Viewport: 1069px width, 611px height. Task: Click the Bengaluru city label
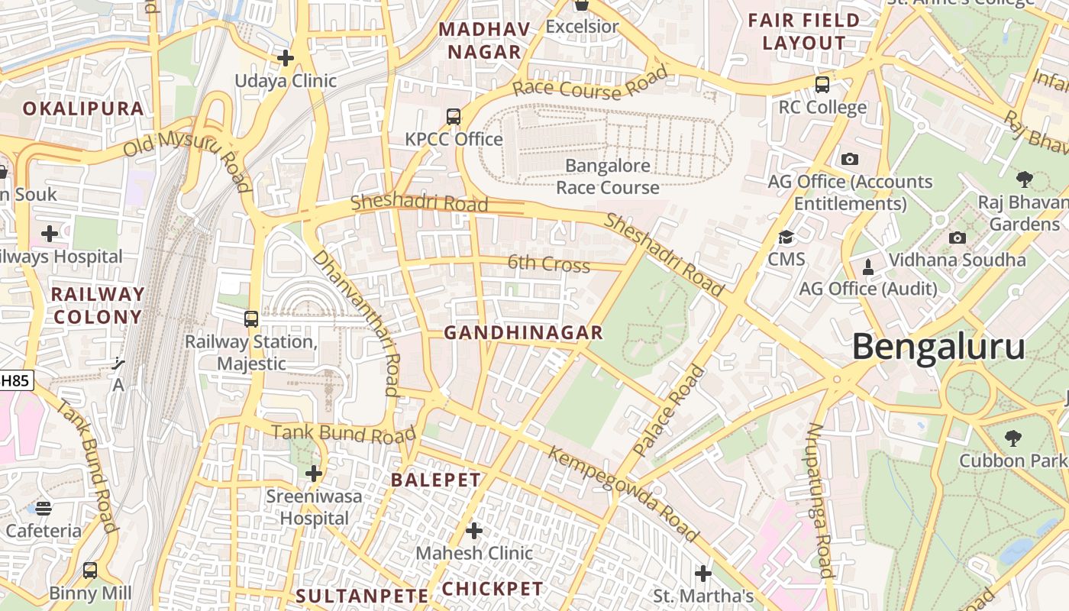[938, 347]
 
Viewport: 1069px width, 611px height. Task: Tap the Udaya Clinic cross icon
[286, 58]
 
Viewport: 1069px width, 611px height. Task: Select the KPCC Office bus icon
[454, 117]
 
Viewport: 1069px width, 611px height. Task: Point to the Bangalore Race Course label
[608, 176]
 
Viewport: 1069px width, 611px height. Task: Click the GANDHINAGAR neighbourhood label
[524, 333]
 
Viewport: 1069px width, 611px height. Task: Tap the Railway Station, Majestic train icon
[251, 319]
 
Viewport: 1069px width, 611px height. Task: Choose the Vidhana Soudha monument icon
[867, 267]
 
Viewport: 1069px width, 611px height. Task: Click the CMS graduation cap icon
[786, 238]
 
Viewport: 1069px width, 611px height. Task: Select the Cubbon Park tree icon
[1012, 438]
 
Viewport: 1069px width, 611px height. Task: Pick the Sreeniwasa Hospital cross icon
[314, 474]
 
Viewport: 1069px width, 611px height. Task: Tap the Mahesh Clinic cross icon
[474, 530]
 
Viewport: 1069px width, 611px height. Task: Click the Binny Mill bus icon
[90, 571]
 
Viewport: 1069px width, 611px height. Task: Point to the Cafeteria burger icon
[44, 508]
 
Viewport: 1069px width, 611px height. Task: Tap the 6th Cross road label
[549, 264]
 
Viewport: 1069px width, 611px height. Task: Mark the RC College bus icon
[822, 85]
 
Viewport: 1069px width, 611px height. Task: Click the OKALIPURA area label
[83, 108]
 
